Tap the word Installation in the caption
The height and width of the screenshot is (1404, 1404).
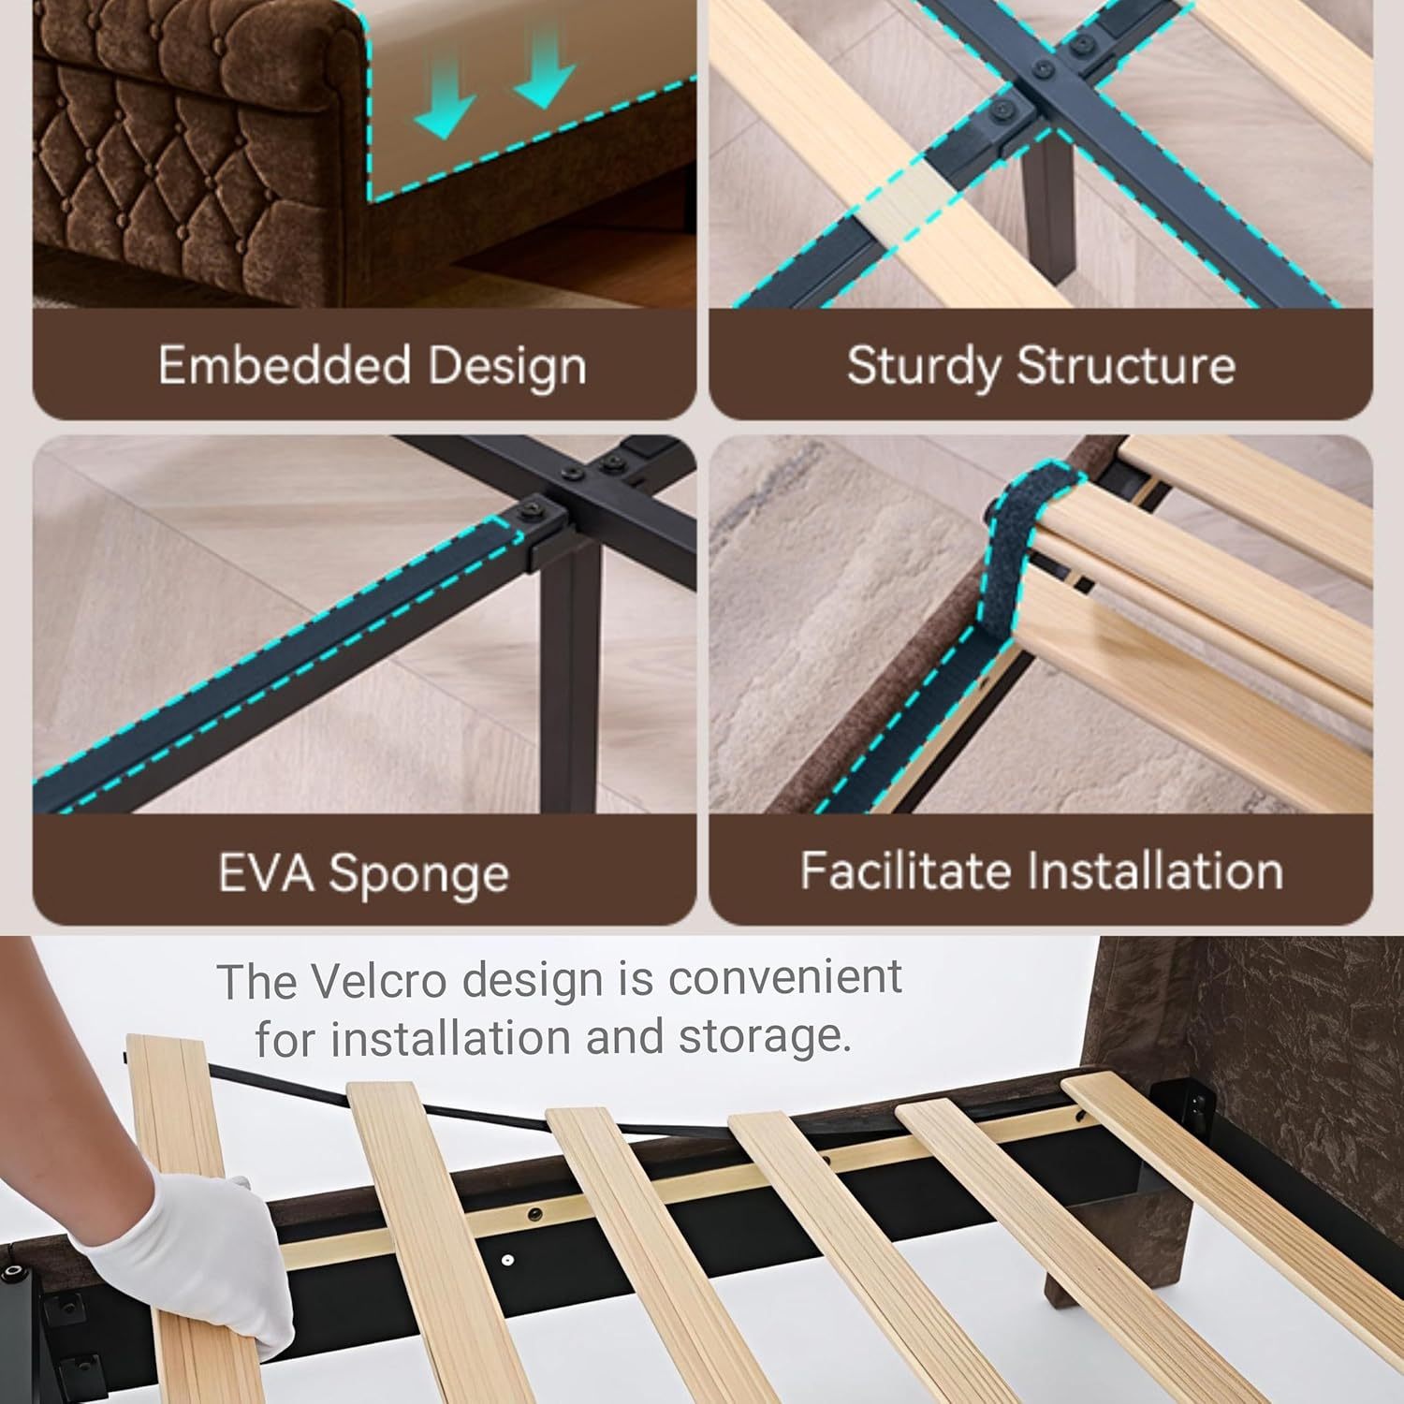[x=1155, y=870]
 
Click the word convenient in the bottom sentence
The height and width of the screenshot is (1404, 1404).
[x=784, y=978]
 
